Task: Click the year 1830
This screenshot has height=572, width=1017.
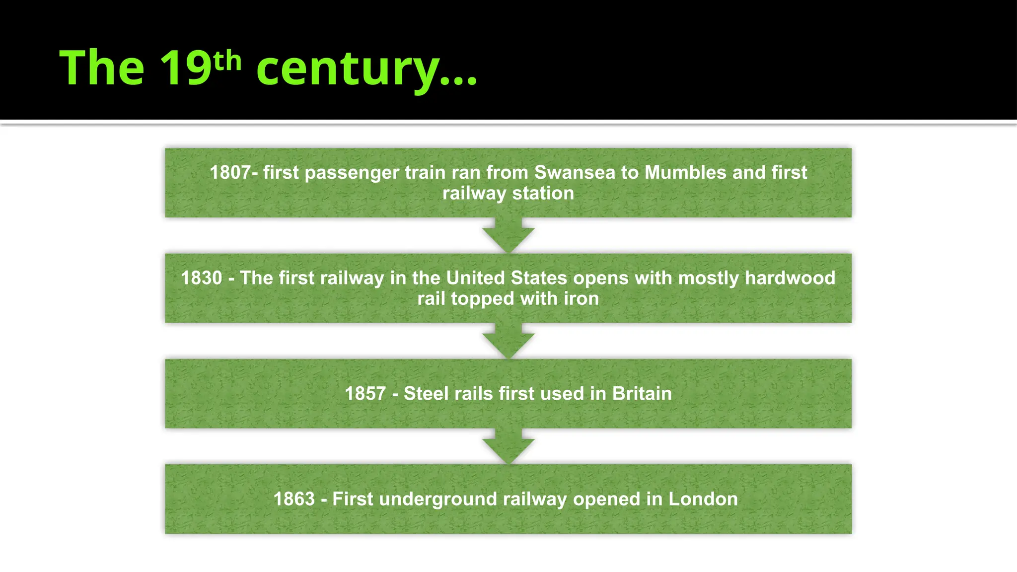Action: [x=201, y=278]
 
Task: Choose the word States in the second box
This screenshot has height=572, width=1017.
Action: [x=539, y=278]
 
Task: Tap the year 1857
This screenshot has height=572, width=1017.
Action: [x=365, y=394]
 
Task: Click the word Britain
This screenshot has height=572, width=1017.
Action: [x=642, y=394]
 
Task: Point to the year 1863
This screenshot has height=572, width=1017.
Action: [x=294, y=499]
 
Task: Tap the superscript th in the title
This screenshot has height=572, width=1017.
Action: [x=227, y=61]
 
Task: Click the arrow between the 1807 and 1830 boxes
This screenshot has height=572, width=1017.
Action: [x=508, y=236]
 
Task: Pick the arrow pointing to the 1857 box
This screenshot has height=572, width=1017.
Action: [x=508, y=342]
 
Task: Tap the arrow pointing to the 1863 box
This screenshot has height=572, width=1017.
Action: [x=508, y=447]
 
